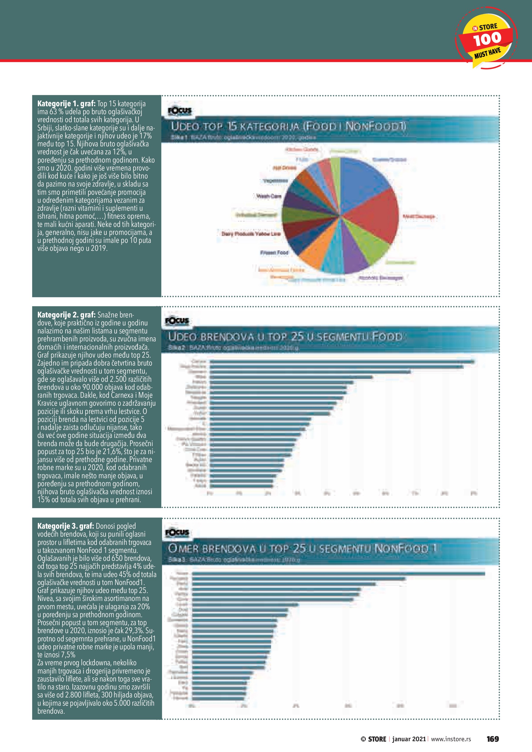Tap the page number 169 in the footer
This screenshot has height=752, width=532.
coord(492,739)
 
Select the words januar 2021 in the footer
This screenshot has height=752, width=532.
coord(409,739)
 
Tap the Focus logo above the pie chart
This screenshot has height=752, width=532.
coord(180,111)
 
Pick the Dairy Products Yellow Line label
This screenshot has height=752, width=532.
coord(251,234)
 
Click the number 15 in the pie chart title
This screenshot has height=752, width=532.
coord(232,126)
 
